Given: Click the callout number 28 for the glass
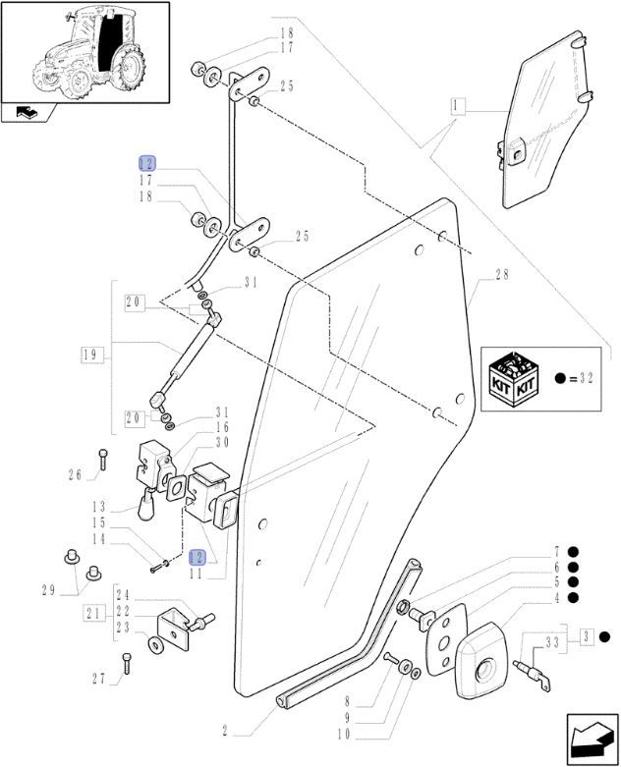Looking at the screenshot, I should coord(502,276).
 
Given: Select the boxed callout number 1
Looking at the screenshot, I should coord(457,104).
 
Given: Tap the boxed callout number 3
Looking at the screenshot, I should coord(586,638).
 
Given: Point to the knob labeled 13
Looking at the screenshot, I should coord(148,508).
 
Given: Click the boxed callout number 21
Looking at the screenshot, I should coord(94,614).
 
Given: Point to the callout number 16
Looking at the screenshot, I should coord(224,427).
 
